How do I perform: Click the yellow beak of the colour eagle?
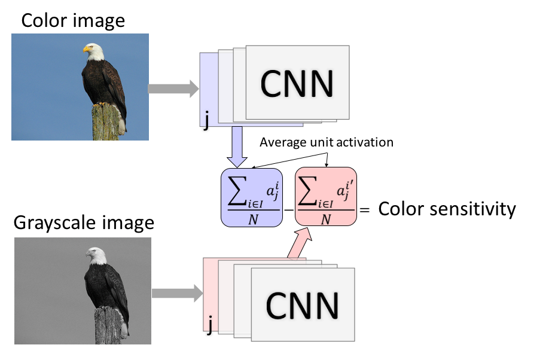(x=87, y=49)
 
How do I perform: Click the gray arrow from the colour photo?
(x=173, y=89)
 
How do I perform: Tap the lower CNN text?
(x=303, y=306)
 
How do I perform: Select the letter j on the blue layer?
(x=206, y=121)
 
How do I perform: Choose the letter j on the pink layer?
(x=209, y=326)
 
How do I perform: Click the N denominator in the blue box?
(x=254, y=219)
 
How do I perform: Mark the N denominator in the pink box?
(x=326, y=219)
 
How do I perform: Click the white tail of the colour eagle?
(x=121, y=126)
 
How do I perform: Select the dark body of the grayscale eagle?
(x=106, y=287)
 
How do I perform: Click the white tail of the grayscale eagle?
(x=124, y=328)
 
